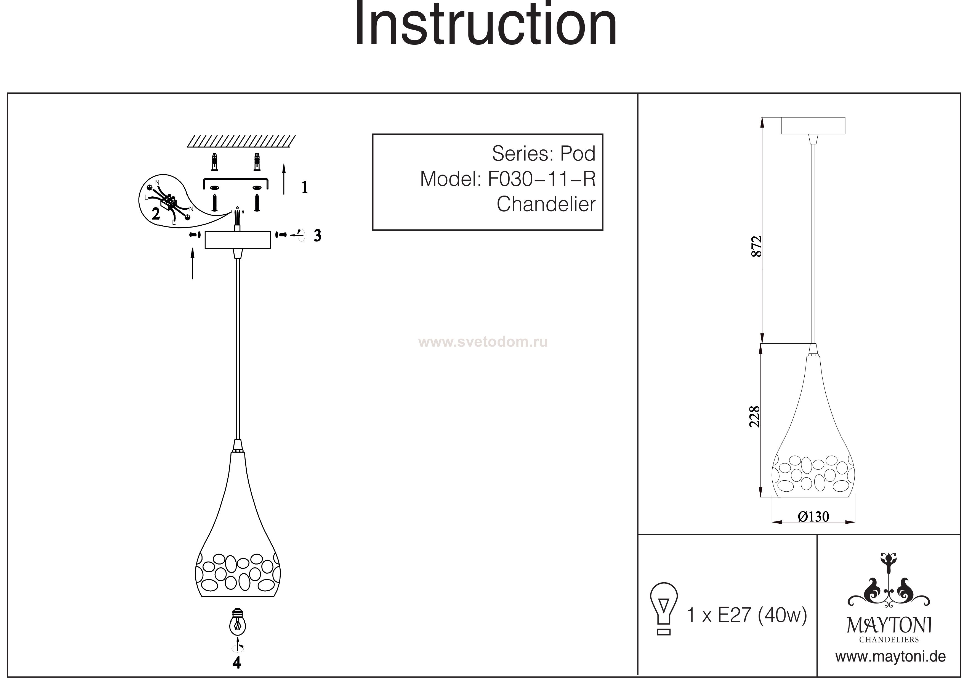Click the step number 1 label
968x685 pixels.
pyautogui.click(x=304, y=187)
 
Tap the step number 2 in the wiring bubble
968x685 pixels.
pyautogui.click(x=156, y=214)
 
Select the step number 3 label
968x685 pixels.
pyautogui.click(x=317, y=236)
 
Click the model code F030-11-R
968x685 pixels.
pyautogui.click(x=542, y=179)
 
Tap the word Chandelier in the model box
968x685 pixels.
pyautogui.click(x=546, y=204)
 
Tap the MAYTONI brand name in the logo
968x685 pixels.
pyautogui.click(x=889, y=626)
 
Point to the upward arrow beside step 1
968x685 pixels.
pyautogui.click(x=284, y=179)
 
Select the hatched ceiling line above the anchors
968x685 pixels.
pyautogui.click(x=241, y=141)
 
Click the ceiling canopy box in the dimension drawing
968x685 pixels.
pyautogui.click(x=813, y=126)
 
